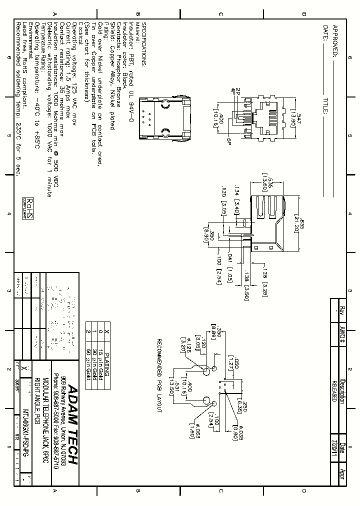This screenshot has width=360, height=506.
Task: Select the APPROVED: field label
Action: [x=335, y=39]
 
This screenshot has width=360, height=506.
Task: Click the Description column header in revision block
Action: [x=342, y=389]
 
